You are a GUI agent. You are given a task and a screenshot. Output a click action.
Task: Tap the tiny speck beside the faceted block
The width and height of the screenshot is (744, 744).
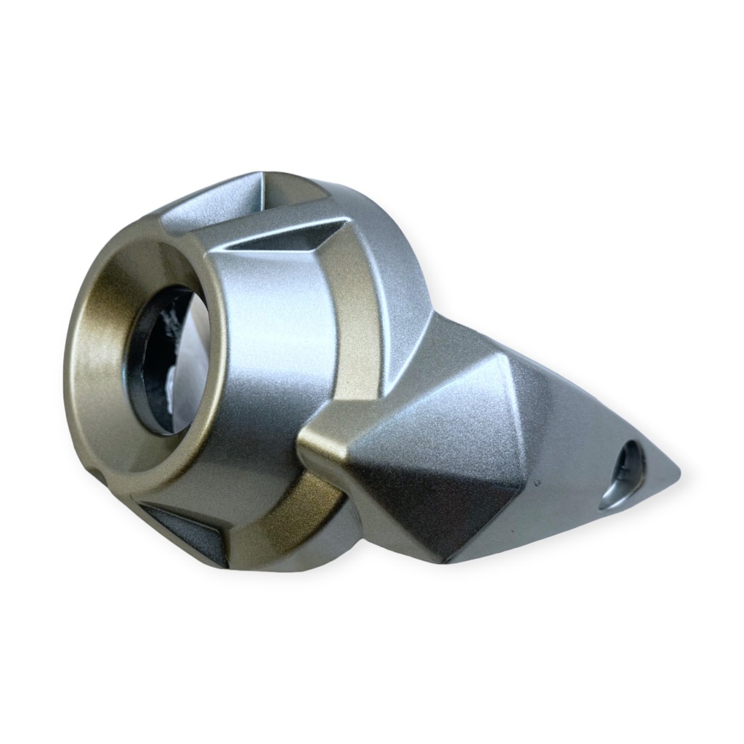536,480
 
